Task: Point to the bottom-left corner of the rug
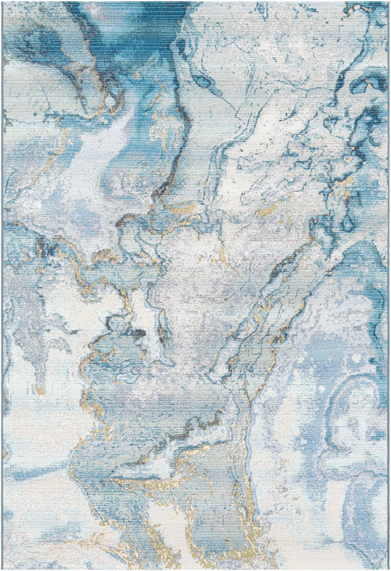click(2, 569)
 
